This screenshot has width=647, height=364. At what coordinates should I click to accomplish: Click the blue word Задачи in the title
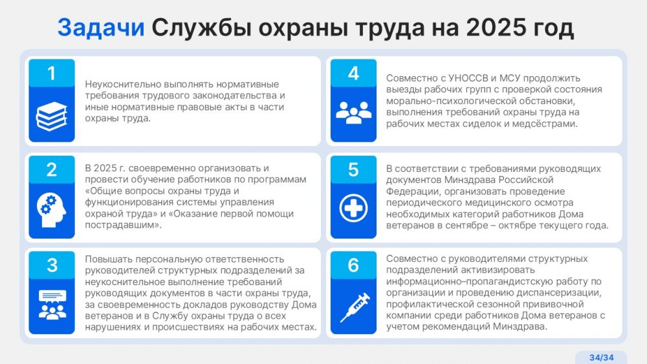(x=101, y=28)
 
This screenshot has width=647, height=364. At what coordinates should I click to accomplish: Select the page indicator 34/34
(x=601, y=358)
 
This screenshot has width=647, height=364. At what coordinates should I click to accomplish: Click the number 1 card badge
(x=52, y=73)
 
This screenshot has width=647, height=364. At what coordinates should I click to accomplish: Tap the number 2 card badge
(x=52, y=169)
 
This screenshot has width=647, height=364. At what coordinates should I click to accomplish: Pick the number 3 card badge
(x=52, y=265)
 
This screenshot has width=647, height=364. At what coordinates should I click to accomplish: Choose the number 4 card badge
(x=353, y=73)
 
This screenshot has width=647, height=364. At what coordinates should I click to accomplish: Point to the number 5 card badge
(x=353, y=169)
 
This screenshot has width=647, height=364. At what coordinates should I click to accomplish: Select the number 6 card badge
(x=353, y=265)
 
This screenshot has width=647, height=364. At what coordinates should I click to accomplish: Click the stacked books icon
(x=52, y=116)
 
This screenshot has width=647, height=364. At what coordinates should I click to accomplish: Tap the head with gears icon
(x=52, y=210)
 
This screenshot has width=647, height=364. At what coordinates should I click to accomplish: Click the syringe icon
(x=355, y=308)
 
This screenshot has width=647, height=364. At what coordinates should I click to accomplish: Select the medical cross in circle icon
(x=353, y=208)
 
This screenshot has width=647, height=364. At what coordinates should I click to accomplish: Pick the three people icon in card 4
(x=353, y=112)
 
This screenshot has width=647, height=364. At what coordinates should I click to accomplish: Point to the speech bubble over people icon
(x=52, y=305)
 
